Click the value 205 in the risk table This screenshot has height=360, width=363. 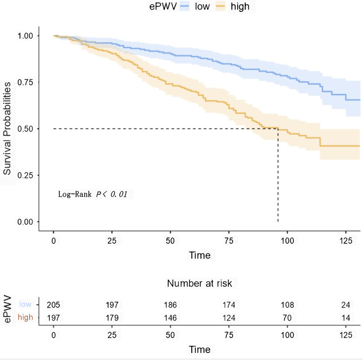[x=53, y=305]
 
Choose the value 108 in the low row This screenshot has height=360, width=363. [x=287, y=305]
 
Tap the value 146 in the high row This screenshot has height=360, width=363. [x=170, y=317]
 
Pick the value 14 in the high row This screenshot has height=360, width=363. [x=346, y=317]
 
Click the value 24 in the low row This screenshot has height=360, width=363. [x=346, y=305]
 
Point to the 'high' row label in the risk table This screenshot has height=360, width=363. [x=25, y=317]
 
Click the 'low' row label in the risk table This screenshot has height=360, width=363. [x=26, y=305]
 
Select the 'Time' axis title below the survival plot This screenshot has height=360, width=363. [x=200, y=255]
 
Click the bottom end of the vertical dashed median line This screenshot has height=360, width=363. [x=278, y=221]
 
